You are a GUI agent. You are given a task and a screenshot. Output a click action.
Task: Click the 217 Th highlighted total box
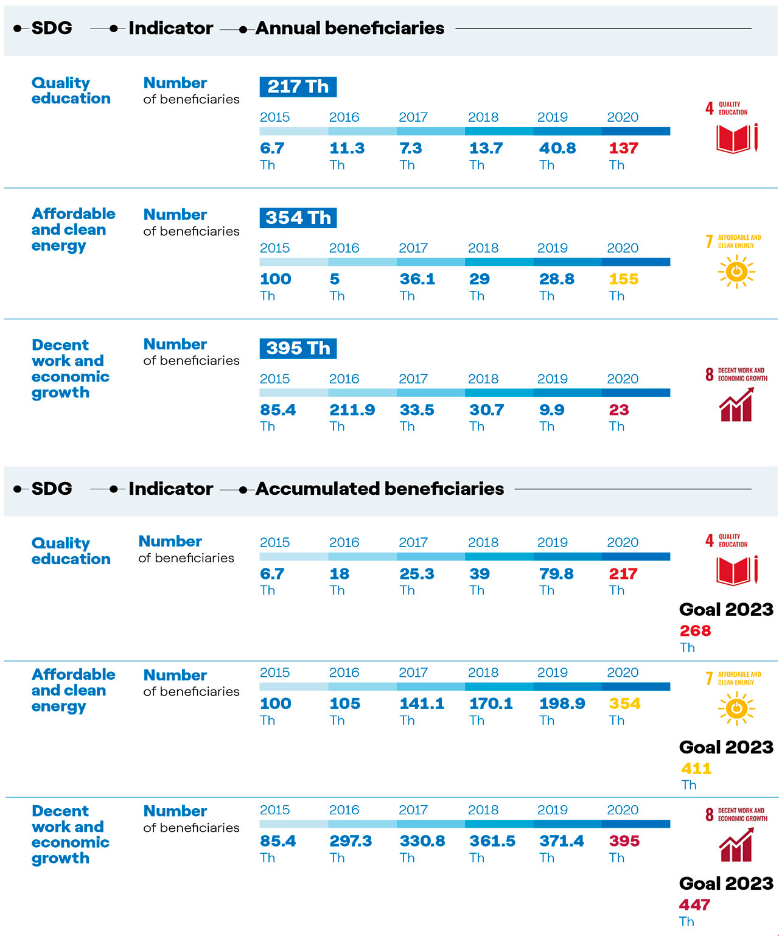(298, 86)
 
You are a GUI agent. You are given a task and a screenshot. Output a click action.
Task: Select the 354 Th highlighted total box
(298, 217)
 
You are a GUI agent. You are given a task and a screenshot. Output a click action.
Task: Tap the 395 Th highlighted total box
(298, 348)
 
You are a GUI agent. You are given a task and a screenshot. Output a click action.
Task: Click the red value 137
(623, 148)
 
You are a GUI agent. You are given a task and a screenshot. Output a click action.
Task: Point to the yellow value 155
(623, 279)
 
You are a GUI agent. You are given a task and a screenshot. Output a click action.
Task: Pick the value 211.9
(352, 410)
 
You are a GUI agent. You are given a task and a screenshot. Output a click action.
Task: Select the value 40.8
(557, 148)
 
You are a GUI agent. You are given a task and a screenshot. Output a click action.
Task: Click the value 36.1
(417, 279)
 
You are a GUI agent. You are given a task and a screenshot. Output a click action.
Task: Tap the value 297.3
(351, 840)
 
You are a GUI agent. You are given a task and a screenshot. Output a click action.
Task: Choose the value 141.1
(421, 703)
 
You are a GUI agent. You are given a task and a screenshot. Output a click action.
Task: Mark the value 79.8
(556, 573)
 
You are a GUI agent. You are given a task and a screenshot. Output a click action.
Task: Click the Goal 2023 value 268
(695, 630)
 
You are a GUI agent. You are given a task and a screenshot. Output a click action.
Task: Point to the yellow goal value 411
(696, 768)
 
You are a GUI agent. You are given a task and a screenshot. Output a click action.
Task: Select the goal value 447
(694, 904)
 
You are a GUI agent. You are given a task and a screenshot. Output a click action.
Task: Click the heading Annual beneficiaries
(349, 28)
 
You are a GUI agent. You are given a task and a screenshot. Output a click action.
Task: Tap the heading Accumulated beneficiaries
(379, 489)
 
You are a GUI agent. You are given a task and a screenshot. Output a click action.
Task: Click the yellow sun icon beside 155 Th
(736, 271)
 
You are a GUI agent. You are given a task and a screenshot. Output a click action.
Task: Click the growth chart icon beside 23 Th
(736, 404)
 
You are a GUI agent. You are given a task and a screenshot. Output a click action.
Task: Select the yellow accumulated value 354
(624, 703)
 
